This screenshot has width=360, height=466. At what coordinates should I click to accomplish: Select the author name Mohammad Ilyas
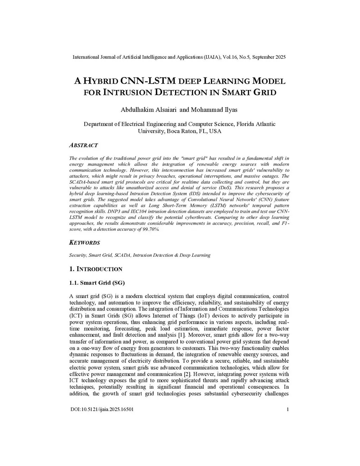coord(214,110)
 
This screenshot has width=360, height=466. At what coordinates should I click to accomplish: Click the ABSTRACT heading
coord(83,145)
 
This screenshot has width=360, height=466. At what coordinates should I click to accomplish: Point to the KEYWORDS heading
coord(84,243)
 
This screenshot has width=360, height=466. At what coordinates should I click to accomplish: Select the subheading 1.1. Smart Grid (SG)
coord(97,283)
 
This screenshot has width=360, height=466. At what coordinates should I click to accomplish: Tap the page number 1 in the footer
coord(288,409)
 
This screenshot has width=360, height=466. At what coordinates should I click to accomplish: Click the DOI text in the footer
coord(102,409)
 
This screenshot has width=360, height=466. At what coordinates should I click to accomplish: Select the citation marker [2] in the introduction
coord(188,374)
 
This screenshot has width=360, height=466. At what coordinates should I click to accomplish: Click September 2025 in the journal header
coord(269,57)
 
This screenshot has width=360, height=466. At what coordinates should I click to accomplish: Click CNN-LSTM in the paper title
coord(148,81)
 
